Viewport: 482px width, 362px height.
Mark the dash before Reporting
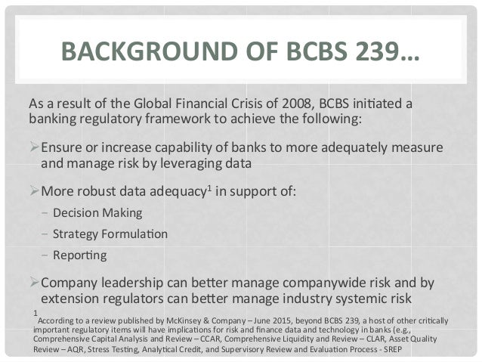pos(45,255)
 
